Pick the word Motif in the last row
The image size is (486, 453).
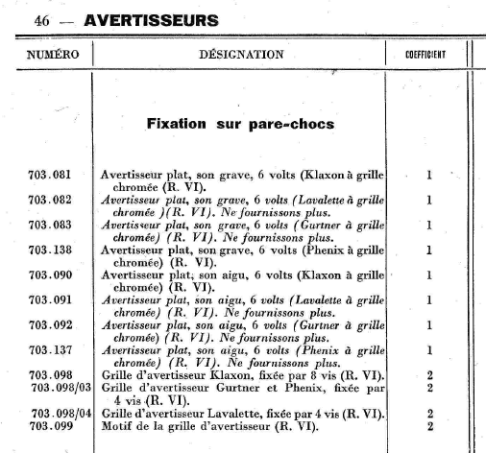[x=116, y=424]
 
